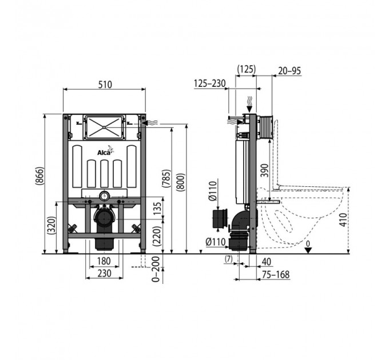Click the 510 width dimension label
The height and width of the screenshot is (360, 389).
point(105,85)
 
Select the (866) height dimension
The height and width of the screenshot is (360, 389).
point(39,175)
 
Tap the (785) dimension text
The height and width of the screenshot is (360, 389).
point(166,178)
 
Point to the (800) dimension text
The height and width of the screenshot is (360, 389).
point(181,182)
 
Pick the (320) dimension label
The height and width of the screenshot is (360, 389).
point(51,225)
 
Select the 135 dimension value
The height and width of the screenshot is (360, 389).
point(157,209)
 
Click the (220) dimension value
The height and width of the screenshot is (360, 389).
point(157,236)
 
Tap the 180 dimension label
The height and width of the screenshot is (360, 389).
point(104,261)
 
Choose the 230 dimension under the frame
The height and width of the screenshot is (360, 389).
point(104,273)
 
